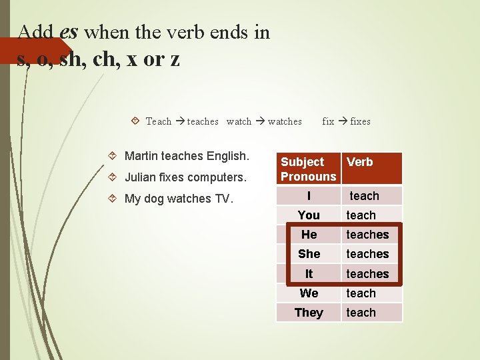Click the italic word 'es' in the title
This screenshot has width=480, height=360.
click(x=69, y=31)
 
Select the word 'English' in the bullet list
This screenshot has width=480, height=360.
click(x=227, y=156)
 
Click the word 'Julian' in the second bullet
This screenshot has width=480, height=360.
click(x=140, y=177)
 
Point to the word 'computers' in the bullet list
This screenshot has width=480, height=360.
click(x=217, y=177)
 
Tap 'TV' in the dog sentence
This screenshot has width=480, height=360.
click(x=222, y=199)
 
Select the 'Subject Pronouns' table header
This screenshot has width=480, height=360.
click(x=308, y=169)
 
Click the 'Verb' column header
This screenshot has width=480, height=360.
click(x=360, y=162)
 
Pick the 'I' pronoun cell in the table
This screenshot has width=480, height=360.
click(x=309, y=196)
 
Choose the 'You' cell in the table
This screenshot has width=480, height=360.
click(x=309, y=215)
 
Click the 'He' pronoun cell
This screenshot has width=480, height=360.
click(x=309, y=235)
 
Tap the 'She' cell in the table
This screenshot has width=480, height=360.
click(x=309, y=254)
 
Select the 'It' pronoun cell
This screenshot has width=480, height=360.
click(x=309, y=274)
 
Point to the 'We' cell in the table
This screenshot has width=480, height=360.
click(x=309, y=293)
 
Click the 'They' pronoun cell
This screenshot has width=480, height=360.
click(x=309, y=313)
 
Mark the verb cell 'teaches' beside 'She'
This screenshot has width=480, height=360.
click(x=367, y=254)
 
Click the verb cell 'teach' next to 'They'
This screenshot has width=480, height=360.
click(x=361, y=313)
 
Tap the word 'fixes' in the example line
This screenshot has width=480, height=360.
click(x=360, y=121)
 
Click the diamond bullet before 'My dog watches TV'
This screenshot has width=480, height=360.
click(x=111, y=199)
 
